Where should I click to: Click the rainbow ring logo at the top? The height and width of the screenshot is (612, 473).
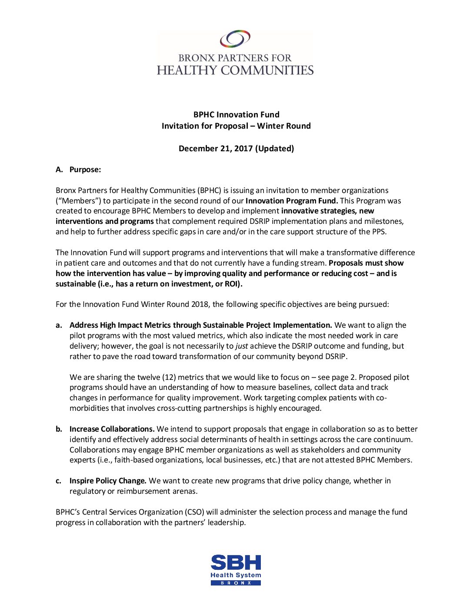pos(235,39)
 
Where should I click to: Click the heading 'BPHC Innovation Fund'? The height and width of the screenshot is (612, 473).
pos(236,115)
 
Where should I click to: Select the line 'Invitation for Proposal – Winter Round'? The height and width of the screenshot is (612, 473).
pos(236,126)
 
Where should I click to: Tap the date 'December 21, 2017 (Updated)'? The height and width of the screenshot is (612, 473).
pos(236,149)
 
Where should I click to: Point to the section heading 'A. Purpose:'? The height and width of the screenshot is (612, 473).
pos(78,170)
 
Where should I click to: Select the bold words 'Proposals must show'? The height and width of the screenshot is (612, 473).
pos(366,263)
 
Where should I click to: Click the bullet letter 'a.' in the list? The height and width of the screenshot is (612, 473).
pos(59,325)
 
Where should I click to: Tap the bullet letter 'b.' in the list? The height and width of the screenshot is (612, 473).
pos(59,429)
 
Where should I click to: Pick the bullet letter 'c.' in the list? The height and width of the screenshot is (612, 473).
pos(59,481)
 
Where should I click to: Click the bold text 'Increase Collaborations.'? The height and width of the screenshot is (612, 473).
pos(112,429)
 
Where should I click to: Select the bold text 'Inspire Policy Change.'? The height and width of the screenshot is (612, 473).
pos(108,481)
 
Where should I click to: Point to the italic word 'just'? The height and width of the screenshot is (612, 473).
pos(242,346)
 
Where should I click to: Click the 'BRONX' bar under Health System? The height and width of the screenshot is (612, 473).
pos(236,583)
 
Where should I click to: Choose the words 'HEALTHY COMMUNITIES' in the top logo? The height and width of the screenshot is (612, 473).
pos(235,70)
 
